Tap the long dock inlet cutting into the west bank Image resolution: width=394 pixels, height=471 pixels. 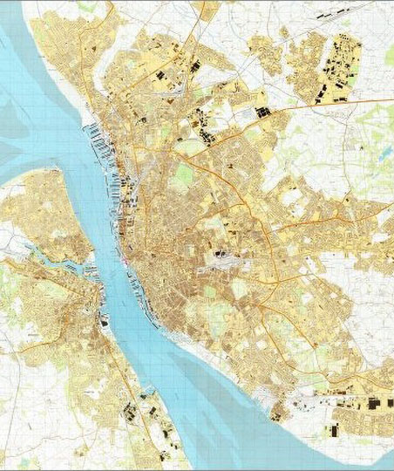52,262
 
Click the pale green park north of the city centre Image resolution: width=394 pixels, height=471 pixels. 183,174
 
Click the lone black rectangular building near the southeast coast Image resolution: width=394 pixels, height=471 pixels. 332,430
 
